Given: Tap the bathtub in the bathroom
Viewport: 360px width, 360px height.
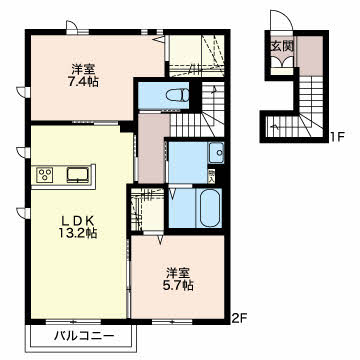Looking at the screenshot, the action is pyautogui.click(x=210, y=208).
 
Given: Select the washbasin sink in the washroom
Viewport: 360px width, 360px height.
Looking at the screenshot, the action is pyautogui.click(x=217, y=153).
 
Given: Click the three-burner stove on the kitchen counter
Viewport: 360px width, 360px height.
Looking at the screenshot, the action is pyautogui.click(x=45, y=175).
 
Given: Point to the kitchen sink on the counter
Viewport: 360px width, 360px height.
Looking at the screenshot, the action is pyautogui.click(x=78, y=175).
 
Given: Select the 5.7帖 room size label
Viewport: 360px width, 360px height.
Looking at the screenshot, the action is pyautogui.click(x=179, y=285).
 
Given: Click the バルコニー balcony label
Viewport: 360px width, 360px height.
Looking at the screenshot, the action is pyautogui.click(x=84, y=336).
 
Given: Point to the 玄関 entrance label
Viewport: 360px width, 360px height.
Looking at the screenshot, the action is pyautogui.click(x=283, y=46).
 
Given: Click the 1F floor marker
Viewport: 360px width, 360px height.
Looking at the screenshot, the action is pyautogui.click(x=337, y=137).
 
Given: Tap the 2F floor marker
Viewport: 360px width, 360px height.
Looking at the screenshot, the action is pyautogui.click(x=239, y=318).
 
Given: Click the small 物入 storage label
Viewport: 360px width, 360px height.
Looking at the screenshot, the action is pyautogui.click(x=211, y=176).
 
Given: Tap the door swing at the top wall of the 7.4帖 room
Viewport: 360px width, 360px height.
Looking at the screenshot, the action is pyautogui.click(x=71, y=25).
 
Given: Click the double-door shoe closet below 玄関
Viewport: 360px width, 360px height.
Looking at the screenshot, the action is pyautogui.click(x=282, y=62).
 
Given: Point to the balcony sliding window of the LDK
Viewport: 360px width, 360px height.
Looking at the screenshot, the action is pyautogui.click(x=73, y=322).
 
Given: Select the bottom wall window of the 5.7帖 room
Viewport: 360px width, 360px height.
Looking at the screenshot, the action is pyautogui.click(x=172, y=322).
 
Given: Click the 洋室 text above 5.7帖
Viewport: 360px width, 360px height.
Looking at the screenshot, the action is pyautogui.click(x=178, y=273).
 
